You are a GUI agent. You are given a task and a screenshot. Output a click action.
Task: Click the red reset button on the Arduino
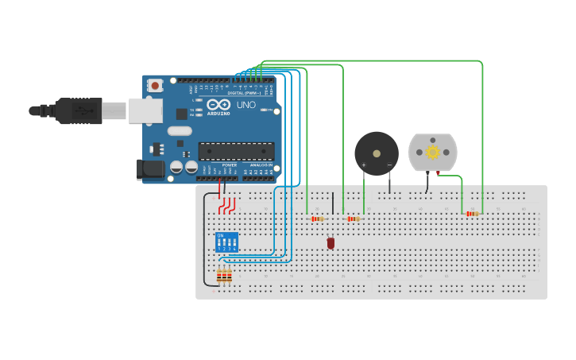(x=155, y=85)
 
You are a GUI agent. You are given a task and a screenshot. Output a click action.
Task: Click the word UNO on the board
(x=246, y=105)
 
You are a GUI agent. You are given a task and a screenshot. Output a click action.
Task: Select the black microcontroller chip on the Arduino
(x=236, y=151)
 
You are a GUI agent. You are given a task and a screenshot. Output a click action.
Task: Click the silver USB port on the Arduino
(x=146, y=110)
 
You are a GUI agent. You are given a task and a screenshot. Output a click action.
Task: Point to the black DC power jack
(x=150, y=168)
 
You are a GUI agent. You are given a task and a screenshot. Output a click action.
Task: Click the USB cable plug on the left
(x=79, y=110)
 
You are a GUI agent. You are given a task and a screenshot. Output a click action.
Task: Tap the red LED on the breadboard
(x=331, y=243)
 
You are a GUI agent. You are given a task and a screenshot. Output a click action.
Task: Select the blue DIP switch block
(x=226, y=242)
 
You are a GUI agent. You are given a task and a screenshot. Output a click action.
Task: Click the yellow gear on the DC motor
(x=433, y=152)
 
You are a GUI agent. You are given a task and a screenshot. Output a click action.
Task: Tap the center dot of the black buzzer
(x=377, y=153)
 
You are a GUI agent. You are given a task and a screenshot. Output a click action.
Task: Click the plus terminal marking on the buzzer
(x=364, y=165)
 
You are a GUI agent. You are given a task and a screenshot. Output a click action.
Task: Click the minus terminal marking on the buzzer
(x=389, y=165)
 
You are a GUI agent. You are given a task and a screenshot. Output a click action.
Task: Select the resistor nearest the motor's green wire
(x=473, y=214)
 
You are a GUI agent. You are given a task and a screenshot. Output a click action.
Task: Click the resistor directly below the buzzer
(x=354, y=219)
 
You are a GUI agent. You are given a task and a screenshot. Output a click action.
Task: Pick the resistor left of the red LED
(x=318, y=219)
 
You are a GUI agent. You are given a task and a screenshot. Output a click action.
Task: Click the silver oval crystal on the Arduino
(x=180, y=131)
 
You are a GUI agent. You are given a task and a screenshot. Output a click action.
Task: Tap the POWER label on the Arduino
(x=229, y=165)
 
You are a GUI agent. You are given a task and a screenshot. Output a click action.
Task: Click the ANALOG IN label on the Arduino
(x=260, y=165)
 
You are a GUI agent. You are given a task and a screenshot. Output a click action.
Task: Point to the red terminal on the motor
(x=438, y=172)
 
